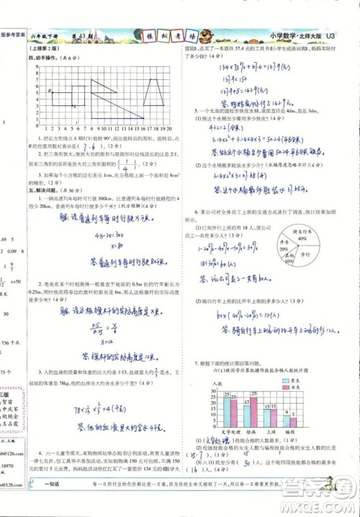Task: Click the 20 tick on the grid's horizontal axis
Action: (x=172, y=131)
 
